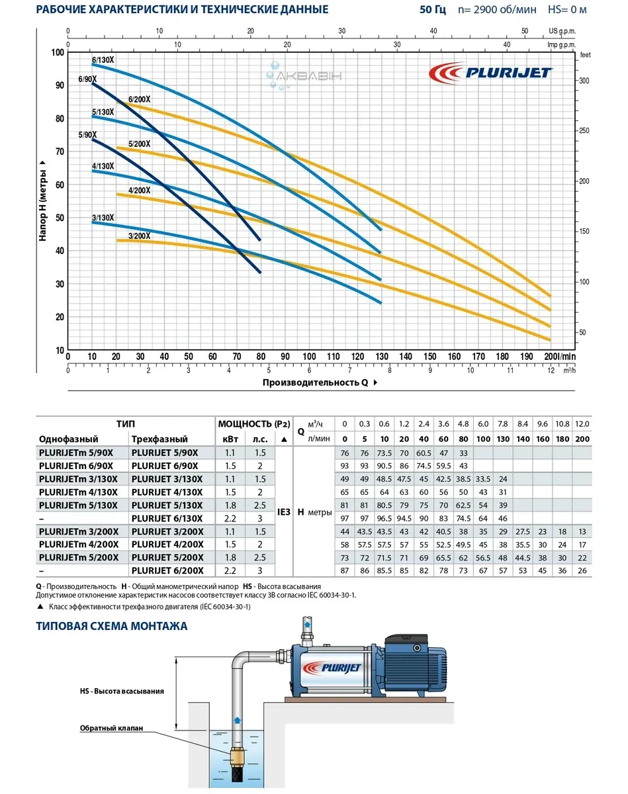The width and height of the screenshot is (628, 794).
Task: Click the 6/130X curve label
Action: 103,60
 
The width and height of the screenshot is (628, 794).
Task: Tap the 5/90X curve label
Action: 87,135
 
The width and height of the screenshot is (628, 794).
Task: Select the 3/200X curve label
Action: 139,236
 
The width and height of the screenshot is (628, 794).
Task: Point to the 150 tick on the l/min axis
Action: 429,357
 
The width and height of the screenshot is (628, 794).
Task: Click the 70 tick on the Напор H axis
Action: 59,152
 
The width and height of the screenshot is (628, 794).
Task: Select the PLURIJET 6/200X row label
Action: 167,570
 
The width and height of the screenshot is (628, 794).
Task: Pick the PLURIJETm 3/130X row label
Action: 79,478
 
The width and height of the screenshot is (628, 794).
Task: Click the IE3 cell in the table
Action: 283,512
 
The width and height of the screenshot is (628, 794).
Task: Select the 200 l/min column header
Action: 582,439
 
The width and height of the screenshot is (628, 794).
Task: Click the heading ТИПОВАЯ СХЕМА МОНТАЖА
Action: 112,626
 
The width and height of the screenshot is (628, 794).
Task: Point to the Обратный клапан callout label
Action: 107,729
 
